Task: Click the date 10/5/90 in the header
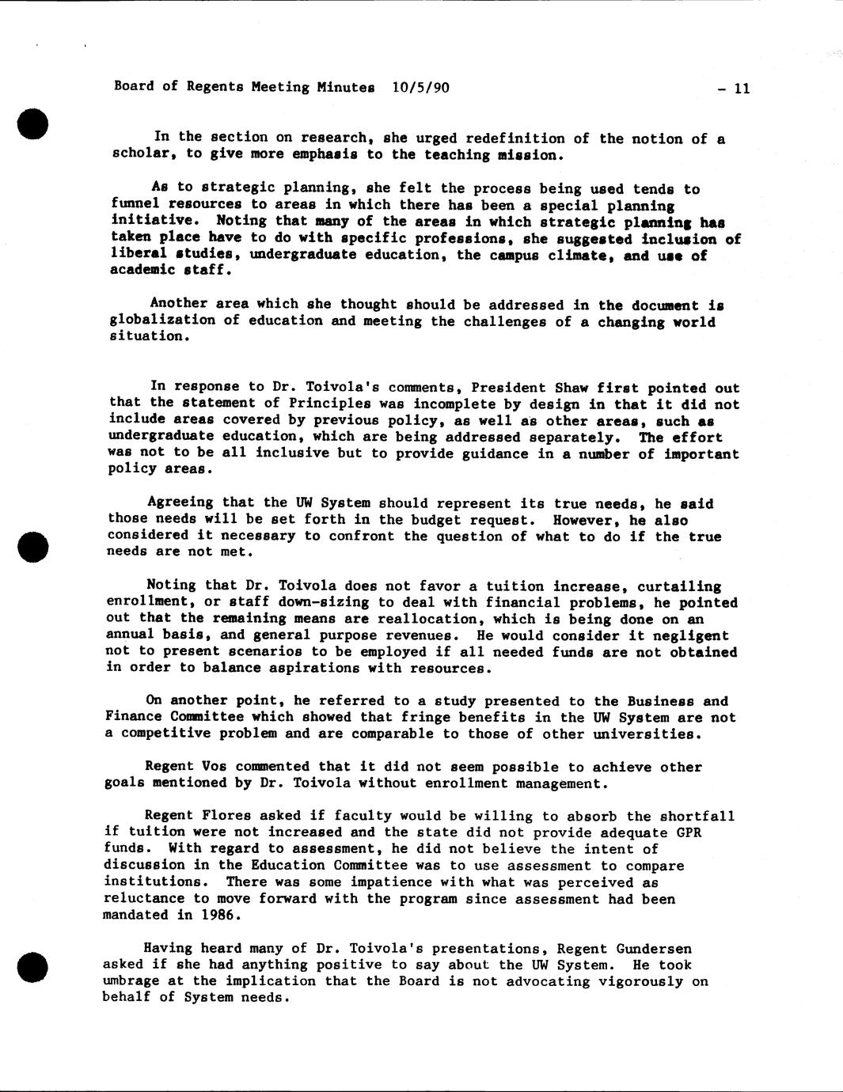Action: pyautogui.click(x=420, y=87)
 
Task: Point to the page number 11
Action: pyautogui.click(x=741, y=89)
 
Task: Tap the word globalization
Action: pyautogui.click(x=158, y=320)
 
